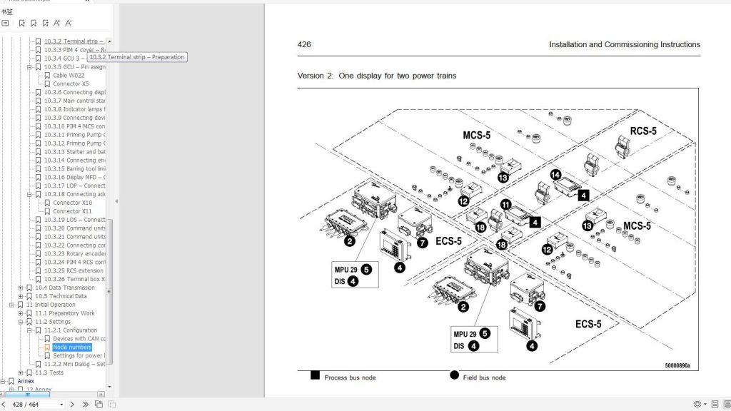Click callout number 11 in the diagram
pos(505,204)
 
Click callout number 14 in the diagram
pos(556,174)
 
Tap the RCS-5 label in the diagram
pos(642,131)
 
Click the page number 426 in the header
pos(304,44)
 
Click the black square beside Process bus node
pos(315,376)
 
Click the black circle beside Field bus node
pos(454,376)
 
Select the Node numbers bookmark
pos(72,347)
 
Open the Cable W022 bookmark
pos(69,76)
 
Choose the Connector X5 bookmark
pos(71,84)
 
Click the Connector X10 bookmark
pos(72,203)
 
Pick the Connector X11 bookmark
pos(72,211)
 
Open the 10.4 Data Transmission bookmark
pos(65,288)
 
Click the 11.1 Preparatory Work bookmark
pos(65,313)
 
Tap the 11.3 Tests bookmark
pos(49,372)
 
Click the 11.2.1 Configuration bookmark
pos(71,330)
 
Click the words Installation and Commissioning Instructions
pos(624,44)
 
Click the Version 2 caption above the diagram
pos(376,76)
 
